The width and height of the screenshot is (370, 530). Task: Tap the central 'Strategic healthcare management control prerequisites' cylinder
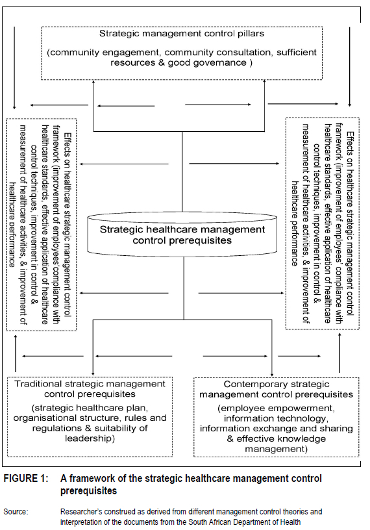182,235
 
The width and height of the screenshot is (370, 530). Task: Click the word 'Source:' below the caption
16,512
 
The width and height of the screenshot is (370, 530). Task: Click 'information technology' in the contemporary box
276,418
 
